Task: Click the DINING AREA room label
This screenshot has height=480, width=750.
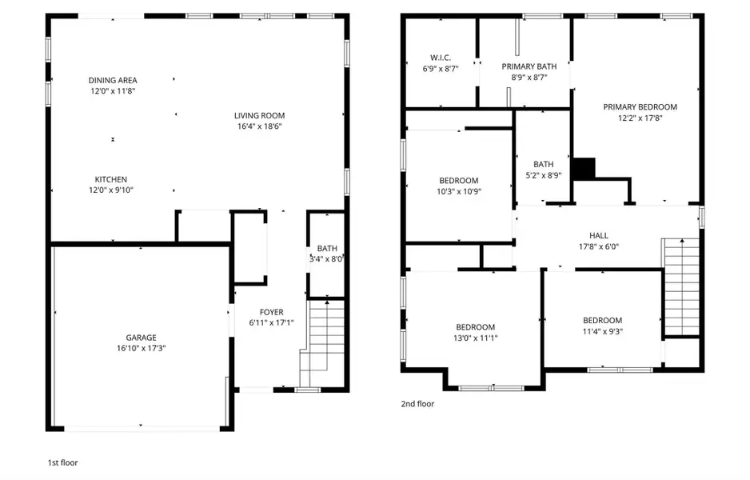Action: pyautogui.click(x=113, y=80)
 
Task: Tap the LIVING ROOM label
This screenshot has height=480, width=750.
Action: pyautogui.click(x=259, y=115)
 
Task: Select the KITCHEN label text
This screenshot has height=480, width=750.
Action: pyautogui.click(x=111, y=179)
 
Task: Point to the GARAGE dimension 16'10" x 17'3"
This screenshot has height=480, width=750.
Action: pyautogui.click(x=140, y=348)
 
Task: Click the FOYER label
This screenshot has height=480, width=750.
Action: pyautogui.click(x=271, y=312)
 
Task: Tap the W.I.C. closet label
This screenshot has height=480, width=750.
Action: pyautogui.click(x=441, y=58)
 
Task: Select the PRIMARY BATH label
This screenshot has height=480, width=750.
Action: pyautogui.click(x=529, y=66)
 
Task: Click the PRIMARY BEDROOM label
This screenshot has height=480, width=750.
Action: pyautogui.click(x=640, y=106)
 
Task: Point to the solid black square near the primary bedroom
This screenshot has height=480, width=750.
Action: pyautogui.click(x=585, y=168)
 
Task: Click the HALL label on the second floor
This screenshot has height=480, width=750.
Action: pyautogui.click(x=598, y=235)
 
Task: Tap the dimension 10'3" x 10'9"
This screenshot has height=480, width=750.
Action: pyautogui.click(x=458, y=191)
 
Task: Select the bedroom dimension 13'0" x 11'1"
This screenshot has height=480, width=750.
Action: pyautogui.click(x=475, y=338)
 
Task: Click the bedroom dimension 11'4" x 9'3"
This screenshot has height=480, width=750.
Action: pyautogui.click(x=602, y=331)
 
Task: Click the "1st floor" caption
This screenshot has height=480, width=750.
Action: pyautogui.click(x=63, y=462)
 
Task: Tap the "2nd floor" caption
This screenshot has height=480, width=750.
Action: pyautogui.click(x=417, y=404)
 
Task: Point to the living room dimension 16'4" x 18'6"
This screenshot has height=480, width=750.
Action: pyautogui.click(x=259, y=126)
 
